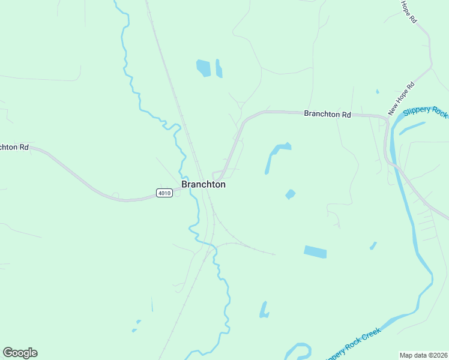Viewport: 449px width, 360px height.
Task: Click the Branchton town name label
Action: [203, 185]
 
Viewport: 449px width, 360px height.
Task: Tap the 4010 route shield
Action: [164, 193]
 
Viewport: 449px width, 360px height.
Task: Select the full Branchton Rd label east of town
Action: [327, 113]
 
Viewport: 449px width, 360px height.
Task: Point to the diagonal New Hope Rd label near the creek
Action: [402, 98]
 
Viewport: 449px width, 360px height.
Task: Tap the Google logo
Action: [20, 353]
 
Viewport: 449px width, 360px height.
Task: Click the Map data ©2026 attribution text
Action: [423, 355]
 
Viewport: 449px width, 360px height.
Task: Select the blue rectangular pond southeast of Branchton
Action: [315, 252]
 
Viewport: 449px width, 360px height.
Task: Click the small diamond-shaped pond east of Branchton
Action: [291, 194]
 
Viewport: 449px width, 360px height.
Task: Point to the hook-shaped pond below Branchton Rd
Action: [275, 154]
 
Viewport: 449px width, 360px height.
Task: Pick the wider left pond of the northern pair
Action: [203, 68]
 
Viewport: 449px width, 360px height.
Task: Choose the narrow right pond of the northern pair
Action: [219, 68]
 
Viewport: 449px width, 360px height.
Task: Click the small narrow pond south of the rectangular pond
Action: [264, 310]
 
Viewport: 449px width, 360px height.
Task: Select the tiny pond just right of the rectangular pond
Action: [373, 245]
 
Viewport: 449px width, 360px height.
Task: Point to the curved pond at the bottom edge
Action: [297, 351]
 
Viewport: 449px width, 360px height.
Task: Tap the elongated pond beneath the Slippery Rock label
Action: [412, 128]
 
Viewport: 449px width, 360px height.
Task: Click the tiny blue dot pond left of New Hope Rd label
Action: [377, 92]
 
